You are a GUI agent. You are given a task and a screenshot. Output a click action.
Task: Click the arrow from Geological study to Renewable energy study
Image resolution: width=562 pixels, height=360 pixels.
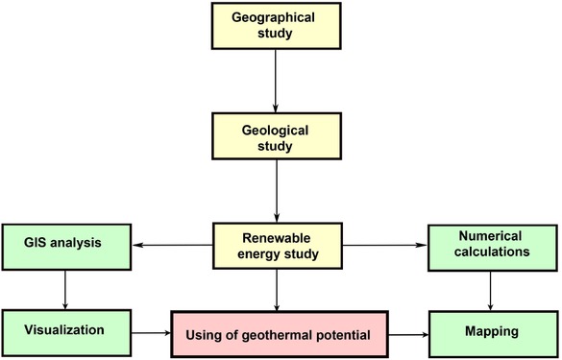coord(277,189)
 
